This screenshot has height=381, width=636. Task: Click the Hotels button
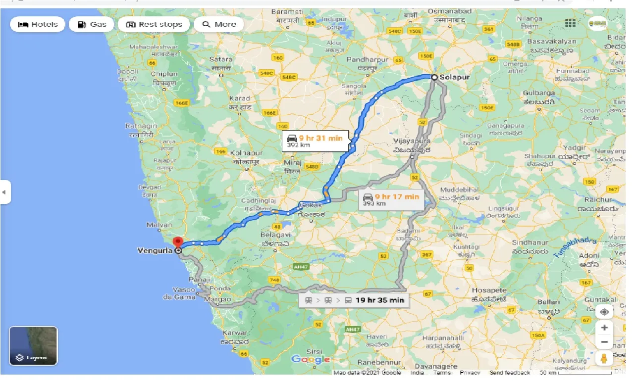tap(38, 24)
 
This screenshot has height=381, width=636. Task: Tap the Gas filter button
tap(92, 24)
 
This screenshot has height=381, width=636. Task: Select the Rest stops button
tap(154, 24)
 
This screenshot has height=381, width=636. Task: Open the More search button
tap(219, 24)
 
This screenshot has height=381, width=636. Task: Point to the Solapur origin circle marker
tap(434, 77)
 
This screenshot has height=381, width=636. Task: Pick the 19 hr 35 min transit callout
tap(354, 300)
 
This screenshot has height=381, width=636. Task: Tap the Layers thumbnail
tap(33, 345)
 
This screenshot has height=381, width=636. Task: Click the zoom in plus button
tap(604, 327)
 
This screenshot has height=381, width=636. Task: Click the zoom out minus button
tap(604, 342)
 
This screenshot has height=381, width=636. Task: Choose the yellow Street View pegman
tap(604, 359)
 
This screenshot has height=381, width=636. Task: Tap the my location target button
tap(604, 312)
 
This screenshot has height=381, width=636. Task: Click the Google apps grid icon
tap(570, 23)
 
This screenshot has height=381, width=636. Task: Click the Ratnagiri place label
tap(141, 127)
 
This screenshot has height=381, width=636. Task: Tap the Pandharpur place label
tap(368, 59)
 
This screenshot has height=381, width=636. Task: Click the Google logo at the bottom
tap(311, 359)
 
